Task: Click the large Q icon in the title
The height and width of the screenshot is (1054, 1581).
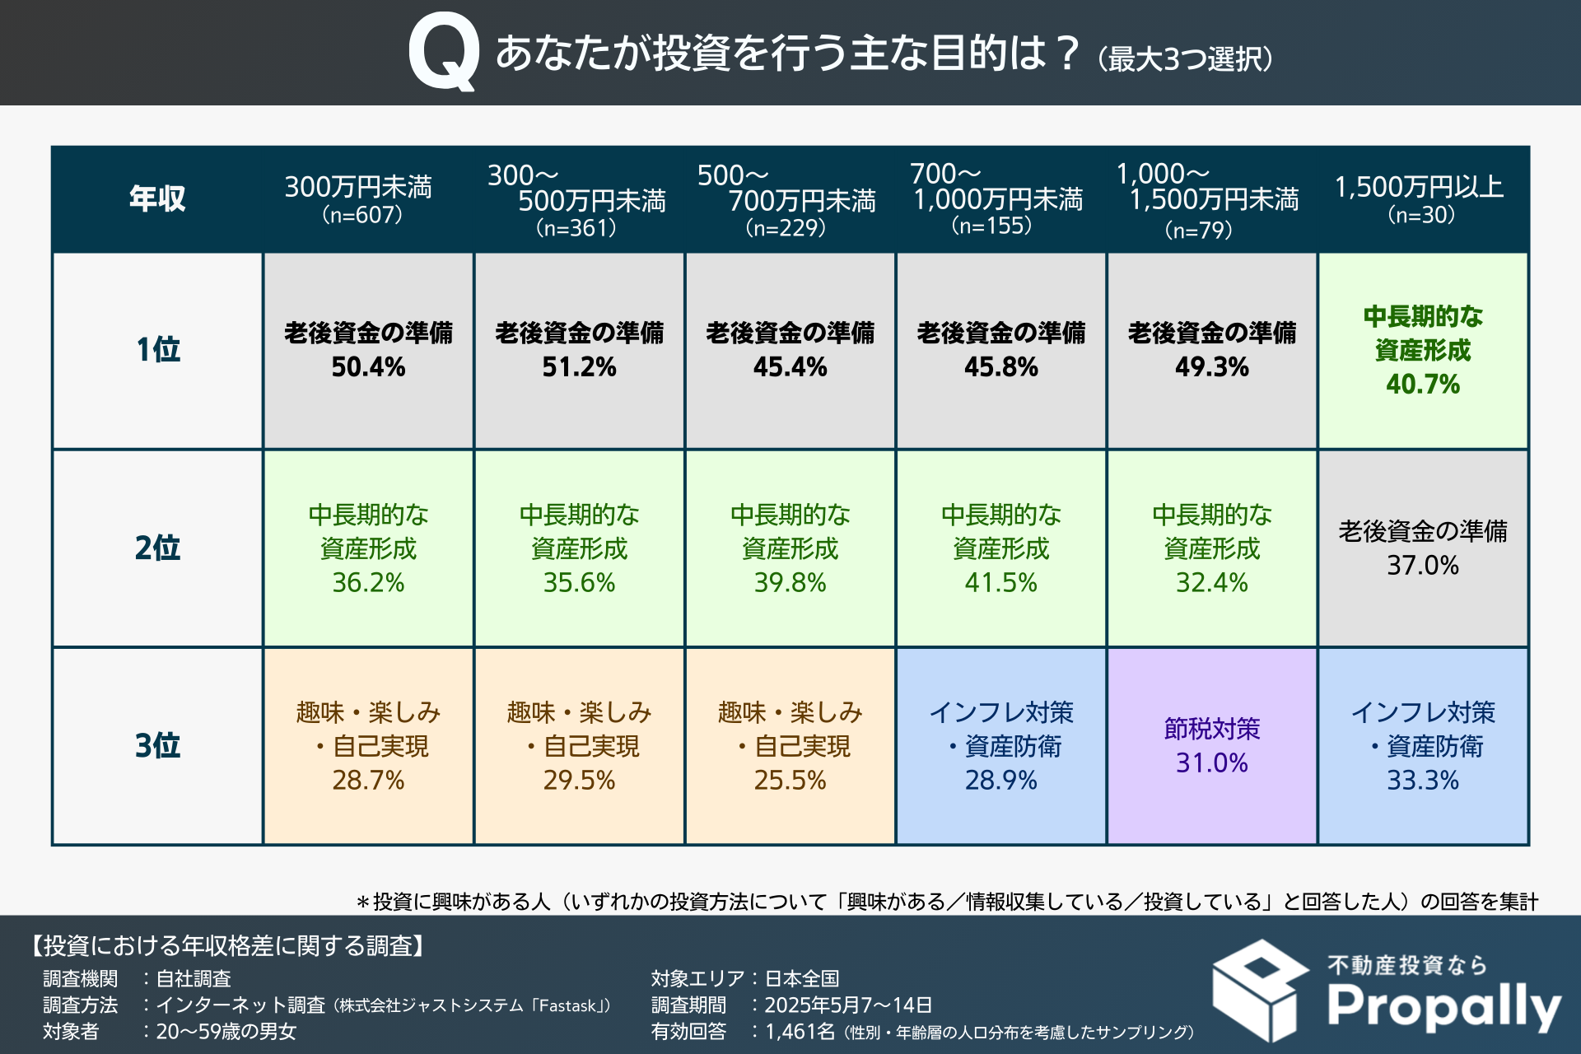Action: pyautogui.click(x=444, y=52)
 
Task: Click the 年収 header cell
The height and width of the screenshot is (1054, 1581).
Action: pyautogui.click(x=157, y=198)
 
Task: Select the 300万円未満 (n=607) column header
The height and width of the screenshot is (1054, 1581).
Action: pyautogui.click(x=360, y=198)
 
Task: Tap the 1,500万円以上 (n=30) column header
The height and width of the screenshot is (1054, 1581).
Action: pyautogui.click(x=1420, y=198)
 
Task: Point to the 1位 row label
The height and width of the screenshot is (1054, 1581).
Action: pyautogui.click(x=157, y=350)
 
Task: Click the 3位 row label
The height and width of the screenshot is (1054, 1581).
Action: pyautogui.click(x=157, y=745)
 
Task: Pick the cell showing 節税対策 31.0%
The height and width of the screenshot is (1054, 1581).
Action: pyautogui.click(x=1211, y=745)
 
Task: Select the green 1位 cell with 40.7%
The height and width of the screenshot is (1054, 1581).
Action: pyautogui.click(x=1422, y=350)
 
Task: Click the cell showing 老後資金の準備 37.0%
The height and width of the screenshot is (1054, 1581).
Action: pyautogui.click(x=1422, y=548)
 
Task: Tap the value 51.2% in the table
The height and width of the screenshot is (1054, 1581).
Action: pyautogui.click(x=579, y=367)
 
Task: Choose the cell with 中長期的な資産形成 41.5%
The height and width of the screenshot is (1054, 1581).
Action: pyautogui.click(x=1000, y=548)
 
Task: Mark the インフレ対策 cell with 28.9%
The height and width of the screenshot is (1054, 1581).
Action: pyautogui.click(x=1000, y=745)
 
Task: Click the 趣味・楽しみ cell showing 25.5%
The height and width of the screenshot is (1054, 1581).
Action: pyautogui.click(x=790, y=745)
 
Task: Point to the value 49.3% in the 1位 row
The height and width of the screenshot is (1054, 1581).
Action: pyautogui.click(x=1211, y=367)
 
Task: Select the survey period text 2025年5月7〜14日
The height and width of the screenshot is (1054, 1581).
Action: pyautogui.click(x=848, y=1005)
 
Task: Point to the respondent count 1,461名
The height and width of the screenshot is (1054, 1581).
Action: pyautogui.click(x=800, y=1032)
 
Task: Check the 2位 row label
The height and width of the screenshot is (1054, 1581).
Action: pyautogui.click(x=157, y=548)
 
